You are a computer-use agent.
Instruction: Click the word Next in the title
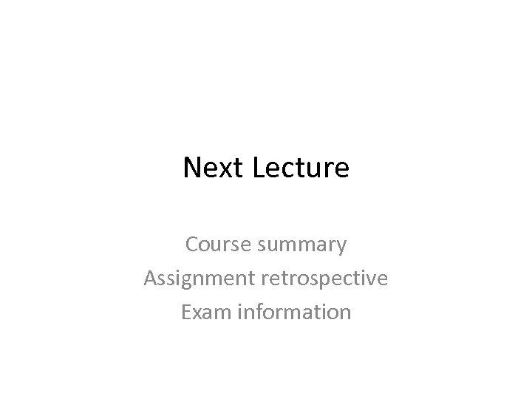click(x=214, y=168)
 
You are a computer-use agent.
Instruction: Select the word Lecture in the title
click(x=301, y=168)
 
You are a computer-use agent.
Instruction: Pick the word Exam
click(x=204, y=312)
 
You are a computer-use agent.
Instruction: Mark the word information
click(x=294, y=312)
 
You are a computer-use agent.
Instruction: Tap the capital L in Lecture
click(x=259, y=168)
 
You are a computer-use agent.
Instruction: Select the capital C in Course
click(x=191, y=244)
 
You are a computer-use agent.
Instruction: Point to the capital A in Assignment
click(x=150, y=278)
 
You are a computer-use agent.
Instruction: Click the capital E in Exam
click(x=185, y=312)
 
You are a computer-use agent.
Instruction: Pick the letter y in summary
click(x=341, y=247)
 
